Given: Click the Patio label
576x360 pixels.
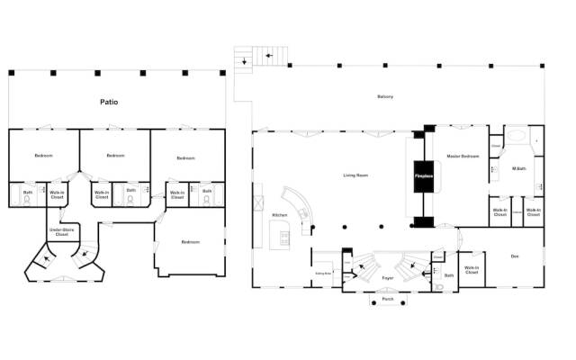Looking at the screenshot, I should coord(109,102).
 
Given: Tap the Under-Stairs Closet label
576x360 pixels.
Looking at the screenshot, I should coord(60,233).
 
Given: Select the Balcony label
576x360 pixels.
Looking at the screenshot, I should coord(388,97).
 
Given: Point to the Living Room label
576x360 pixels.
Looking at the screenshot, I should coord(356,175).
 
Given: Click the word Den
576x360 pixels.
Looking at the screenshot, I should coord(515,257).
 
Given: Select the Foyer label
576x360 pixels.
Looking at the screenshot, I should coord(388,279).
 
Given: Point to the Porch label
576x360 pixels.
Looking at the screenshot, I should coord(388,300).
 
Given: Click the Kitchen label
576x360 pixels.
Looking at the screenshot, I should coord(279,214).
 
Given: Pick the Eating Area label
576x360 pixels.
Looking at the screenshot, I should coord(323,273).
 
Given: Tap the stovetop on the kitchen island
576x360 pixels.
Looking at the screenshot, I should coord(284,239).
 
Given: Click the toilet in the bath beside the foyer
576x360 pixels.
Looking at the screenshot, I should coord(438,287).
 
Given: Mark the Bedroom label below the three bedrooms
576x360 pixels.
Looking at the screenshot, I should coord(190,242).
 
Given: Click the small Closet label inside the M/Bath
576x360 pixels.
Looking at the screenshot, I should coord(496,145).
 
